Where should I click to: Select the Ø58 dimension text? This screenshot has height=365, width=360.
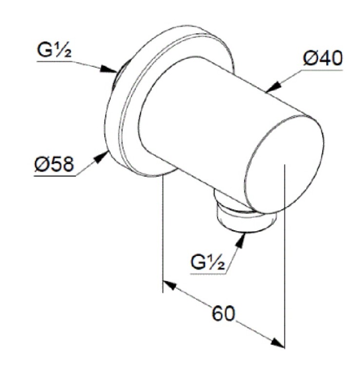click(54, 164)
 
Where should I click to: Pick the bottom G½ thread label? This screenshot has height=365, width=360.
click(208, 262)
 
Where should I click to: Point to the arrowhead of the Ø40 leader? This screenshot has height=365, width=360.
click(273, 87)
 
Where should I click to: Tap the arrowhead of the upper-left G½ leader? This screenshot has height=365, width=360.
click(109, 69)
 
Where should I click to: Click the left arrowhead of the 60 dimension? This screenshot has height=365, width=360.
click(170, 285)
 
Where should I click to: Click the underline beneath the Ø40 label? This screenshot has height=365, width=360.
click(323, 70)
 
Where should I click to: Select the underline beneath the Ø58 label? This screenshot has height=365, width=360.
click(55, 176)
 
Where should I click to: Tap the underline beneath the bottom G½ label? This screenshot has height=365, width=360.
click(208, 274)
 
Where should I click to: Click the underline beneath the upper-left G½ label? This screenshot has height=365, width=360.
click(55, 61)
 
